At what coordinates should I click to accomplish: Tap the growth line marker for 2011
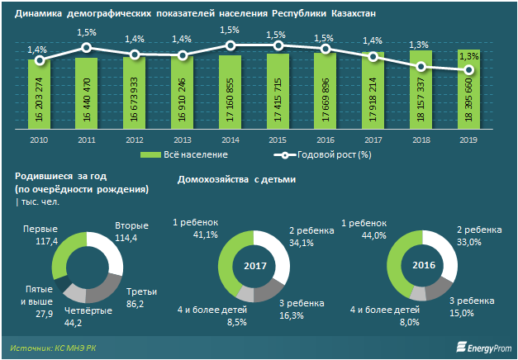pyautogui.click(x=86, y=48)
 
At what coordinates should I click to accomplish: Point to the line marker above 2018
pyautogui.click(x=421, y=67)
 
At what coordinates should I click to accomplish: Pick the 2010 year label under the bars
pyautogui.click(x=38, y=140)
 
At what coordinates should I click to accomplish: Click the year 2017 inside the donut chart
pyautogui.click(x=255, y=266)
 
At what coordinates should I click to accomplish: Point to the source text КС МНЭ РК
pyautogui.click(x=82, y=348)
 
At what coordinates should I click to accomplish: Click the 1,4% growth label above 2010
pyautogui.click(x=37, y=50)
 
